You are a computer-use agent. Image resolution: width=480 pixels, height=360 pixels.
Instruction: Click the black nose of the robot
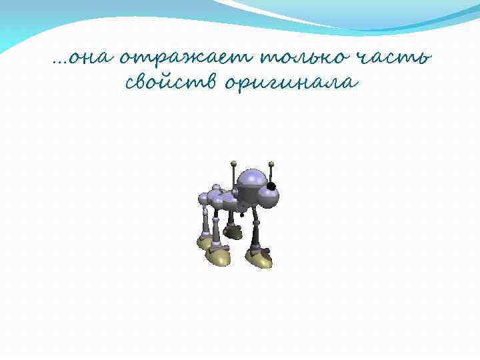271,187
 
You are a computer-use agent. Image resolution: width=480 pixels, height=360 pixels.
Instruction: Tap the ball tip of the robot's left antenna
233,162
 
